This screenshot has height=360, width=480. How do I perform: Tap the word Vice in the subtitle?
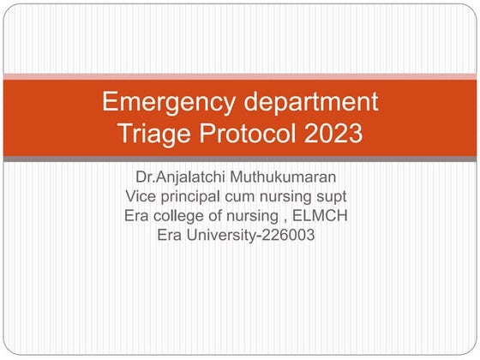click(x=141, y=198)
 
